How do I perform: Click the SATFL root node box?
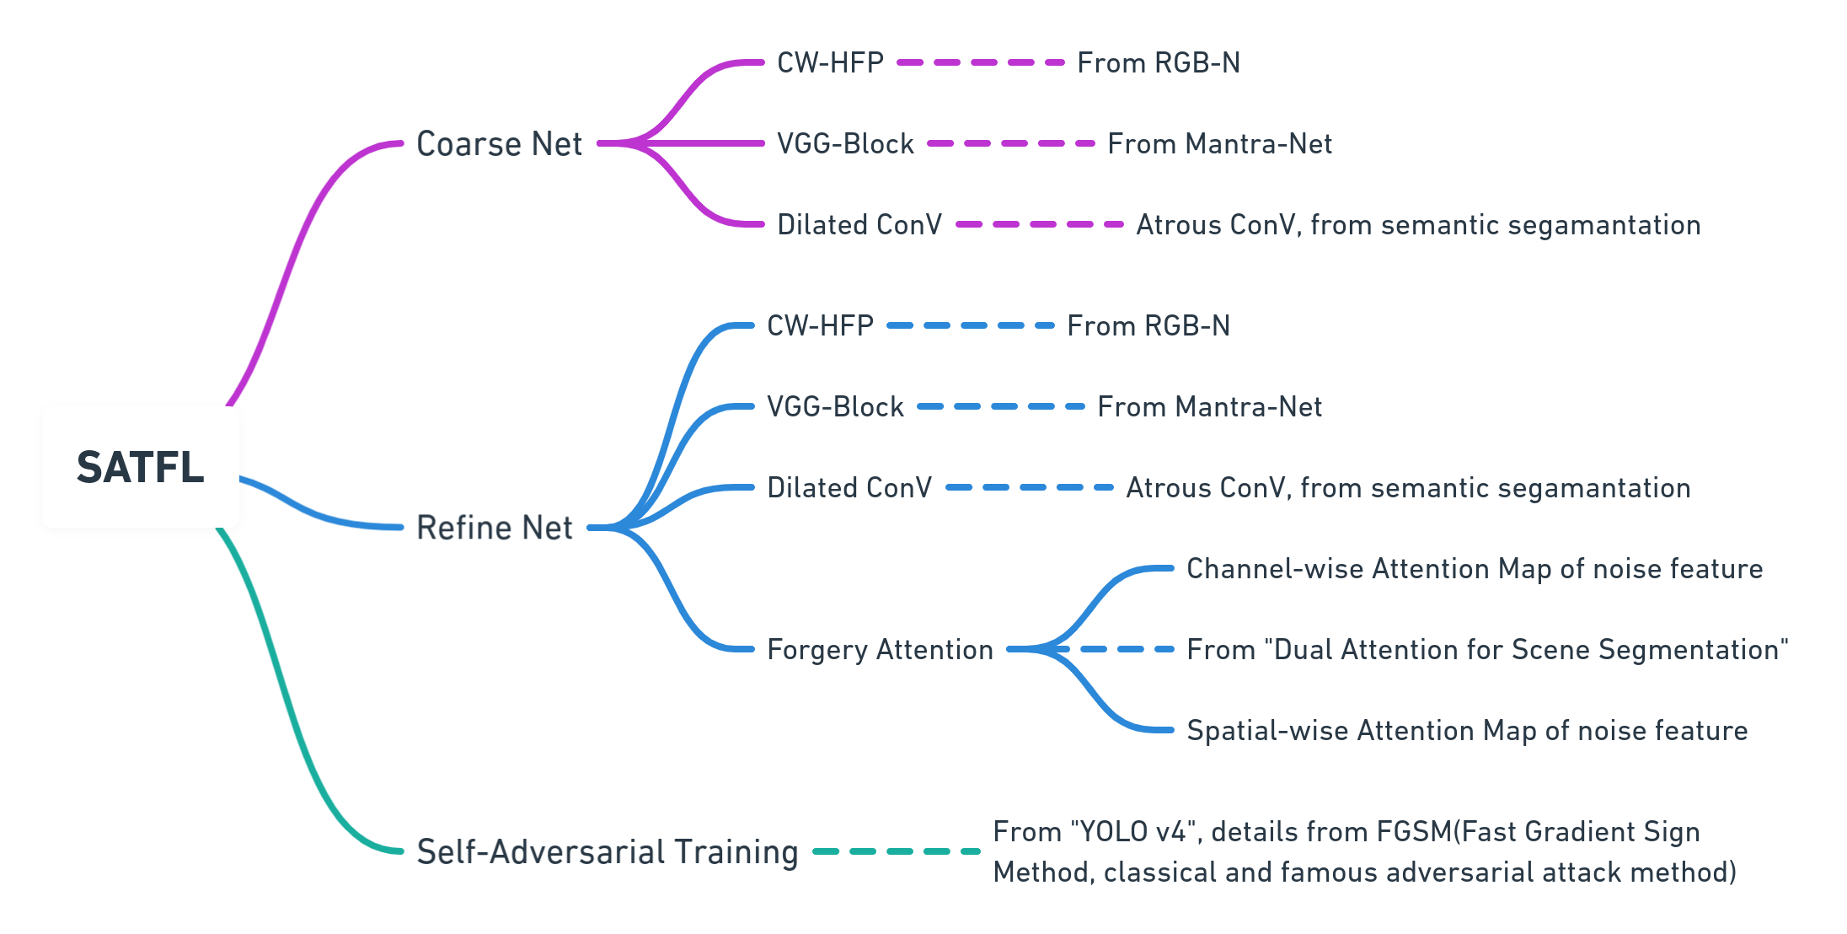click(x=141, y=467)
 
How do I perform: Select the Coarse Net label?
click(x=499, y=144)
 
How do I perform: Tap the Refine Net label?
click(x=495, y=529)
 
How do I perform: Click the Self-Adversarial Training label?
click(x=607, y=852)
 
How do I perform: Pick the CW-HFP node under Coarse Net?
click(x=830, y=63)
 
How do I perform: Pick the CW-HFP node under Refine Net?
click(x=820, y=326)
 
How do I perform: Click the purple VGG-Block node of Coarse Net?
click(x=845, y=144)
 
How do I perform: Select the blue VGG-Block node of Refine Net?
click(x=835, y=407)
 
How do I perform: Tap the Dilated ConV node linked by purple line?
click(x=859, y=225)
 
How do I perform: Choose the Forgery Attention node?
click(x=880, y=650)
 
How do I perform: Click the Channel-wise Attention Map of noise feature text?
click(x=1475, y=569)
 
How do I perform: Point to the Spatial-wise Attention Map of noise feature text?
click(x=1467, y=731)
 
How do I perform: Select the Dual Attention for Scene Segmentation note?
click(x=1487, y=650)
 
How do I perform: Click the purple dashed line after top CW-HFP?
click(x=981, y=62)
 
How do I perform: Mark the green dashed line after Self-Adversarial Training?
click(x=897, y=851)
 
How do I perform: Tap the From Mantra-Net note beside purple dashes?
click(x=1219, y=144)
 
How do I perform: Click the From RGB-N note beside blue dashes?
click(x=1148, y=326)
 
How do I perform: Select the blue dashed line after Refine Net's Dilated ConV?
click(x=1030, y=487)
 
